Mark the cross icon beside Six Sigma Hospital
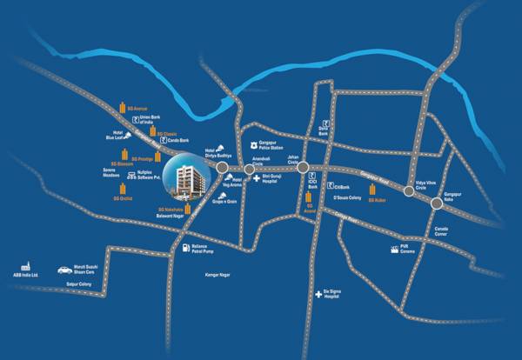tap(317, 294)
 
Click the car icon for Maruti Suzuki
tap(64, 270)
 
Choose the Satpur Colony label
tap(80, 283)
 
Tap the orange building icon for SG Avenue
tap(121, 109)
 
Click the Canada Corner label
tap(445, 232)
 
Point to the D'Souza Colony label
tap(341, 197)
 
